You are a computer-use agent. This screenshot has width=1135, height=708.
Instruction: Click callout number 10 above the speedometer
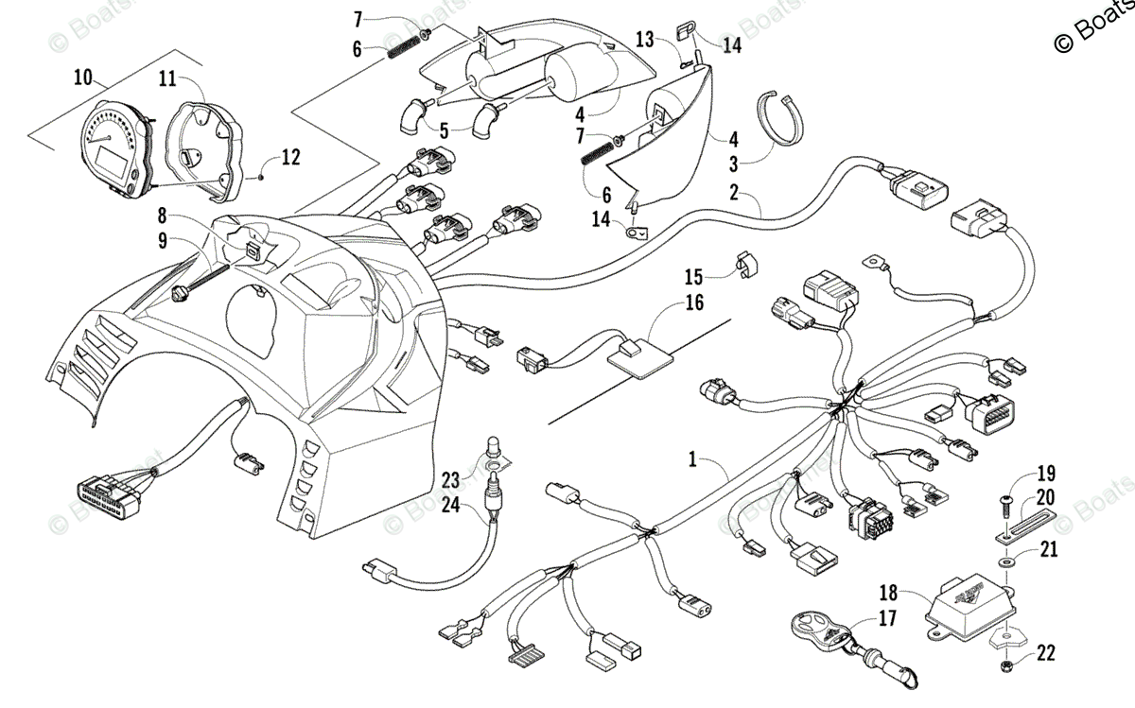(x=83, y=78)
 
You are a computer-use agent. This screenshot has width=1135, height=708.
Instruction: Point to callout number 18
(x=888, y=595)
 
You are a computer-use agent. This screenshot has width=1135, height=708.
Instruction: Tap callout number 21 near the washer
(x=1049, y=550)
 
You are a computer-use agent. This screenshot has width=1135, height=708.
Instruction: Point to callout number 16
(x=694, y=303)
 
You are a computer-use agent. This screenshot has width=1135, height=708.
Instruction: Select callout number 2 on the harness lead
(x=733, y=192)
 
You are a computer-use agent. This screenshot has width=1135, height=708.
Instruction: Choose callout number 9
(x=162, y=240)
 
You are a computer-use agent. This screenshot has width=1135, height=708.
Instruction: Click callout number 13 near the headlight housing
(x=644, y=40)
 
